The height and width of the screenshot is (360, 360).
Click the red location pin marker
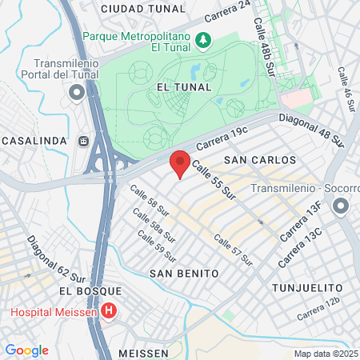180,163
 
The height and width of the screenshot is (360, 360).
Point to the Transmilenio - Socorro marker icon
340,207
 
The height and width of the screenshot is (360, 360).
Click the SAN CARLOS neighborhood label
259,160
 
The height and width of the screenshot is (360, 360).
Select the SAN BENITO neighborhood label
184,273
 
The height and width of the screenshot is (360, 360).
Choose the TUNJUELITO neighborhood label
307,286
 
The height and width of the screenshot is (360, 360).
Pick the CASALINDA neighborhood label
34,141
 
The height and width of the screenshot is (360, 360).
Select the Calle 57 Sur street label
233,249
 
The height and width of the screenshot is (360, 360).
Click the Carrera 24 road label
229,14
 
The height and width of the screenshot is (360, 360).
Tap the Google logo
26,350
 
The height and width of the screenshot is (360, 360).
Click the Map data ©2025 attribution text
326,354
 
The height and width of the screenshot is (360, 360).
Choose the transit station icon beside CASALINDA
84,142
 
